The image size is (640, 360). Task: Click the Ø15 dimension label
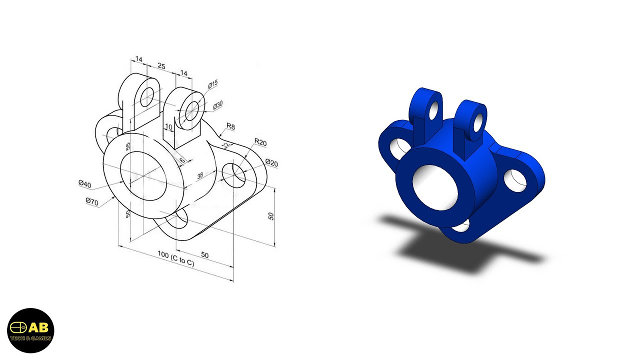(213, 84)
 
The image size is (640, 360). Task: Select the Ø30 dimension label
(218, 105)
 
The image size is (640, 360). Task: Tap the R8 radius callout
(230, 127)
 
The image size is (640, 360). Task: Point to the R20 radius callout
(260, 142)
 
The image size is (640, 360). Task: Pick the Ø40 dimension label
(85, 184)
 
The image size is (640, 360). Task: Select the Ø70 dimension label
(91, 201)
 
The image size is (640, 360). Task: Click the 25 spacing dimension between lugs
(161, 66)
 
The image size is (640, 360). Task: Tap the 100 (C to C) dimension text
(175, 259)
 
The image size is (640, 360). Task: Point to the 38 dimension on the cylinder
(200, 175)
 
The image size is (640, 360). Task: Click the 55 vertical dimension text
(128, 146)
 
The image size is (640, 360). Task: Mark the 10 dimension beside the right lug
(168, 127)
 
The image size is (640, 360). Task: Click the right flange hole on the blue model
(515, 180)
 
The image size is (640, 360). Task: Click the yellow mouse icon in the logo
(18, 327)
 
